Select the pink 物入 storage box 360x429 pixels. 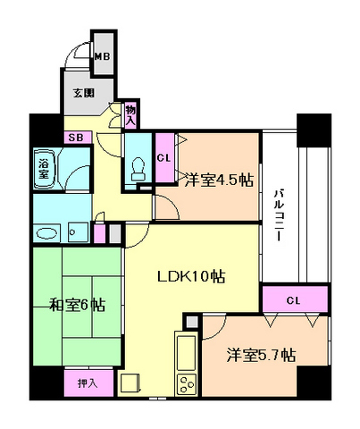[x=130, y=114]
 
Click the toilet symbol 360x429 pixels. [x=137, y=167]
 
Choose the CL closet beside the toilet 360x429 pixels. [x=163, y=158]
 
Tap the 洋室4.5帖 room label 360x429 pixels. [x=218, y=180]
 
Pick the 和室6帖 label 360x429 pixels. [x=78, y=306]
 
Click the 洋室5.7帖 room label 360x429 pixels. [x=262, y=354]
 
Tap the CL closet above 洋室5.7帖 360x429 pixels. [x=294, y=299]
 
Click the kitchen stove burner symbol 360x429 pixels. [x=188, y=385]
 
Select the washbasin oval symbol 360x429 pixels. [x=46, y=233]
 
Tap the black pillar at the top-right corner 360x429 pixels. [x=314, y=130]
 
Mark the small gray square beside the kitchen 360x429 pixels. [x=189, y=322]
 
